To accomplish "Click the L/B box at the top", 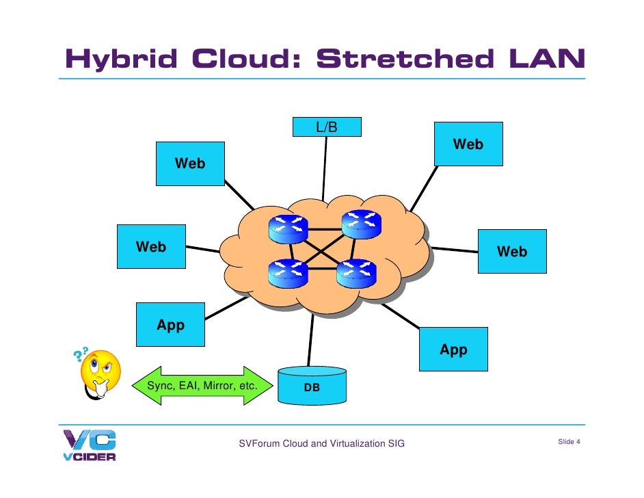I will [x=327, y=127].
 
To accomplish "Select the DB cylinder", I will [x=312, y=386].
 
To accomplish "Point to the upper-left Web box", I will [x=190, y=163].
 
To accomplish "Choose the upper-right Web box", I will [x=468, y=144].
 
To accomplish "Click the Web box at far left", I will [x=151, y=247].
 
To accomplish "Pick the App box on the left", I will [x=170, y=326].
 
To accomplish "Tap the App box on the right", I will [x=453, y=350].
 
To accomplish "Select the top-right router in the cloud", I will [x=361, y=224].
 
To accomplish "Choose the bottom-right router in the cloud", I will [x=356, y=273].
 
